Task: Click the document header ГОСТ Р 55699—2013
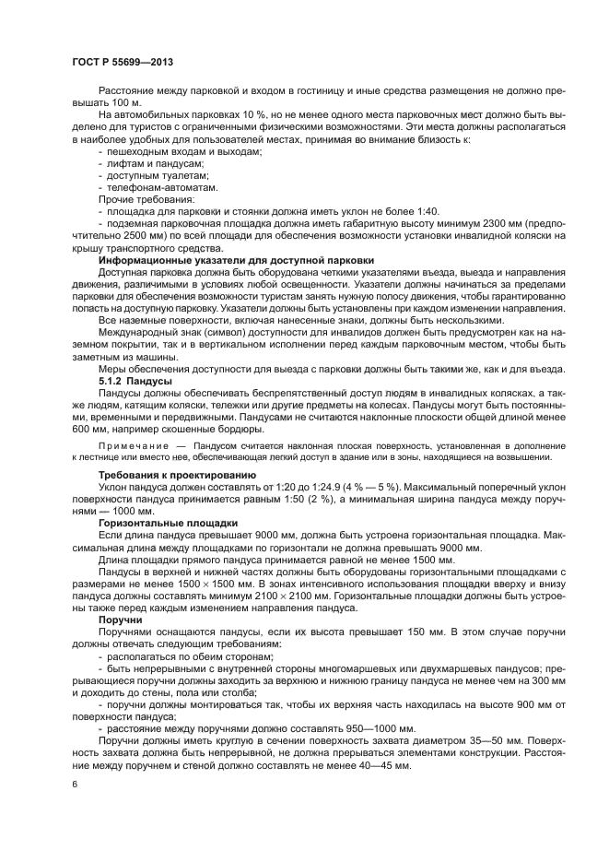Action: (x=122, y=62)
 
